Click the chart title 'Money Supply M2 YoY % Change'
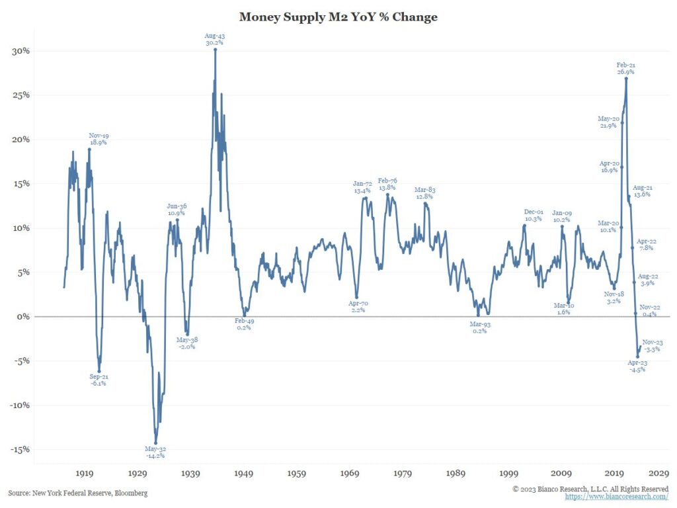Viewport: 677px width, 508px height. point(338,17)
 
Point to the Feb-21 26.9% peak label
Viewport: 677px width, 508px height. point(626,69)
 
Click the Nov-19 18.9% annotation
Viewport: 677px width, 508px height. point(98,139)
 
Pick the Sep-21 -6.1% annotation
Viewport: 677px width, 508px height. point(98,380)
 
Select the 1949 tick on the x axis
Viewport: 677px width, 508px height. point(243,474)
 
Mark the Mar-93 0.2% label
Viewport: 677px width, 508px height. point(479,327)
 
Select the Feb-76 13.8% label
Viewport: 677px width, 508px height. point(387,185)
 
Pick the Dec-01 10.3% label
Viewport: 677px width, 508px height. point(534,215)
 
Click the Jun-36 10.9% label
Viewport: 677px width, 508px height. point(176,210)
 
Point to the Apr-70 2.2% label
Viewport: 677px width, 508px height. point(358,307)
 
